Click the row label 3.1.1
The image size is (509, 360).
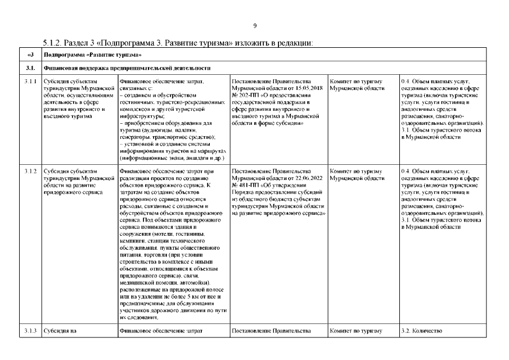pyautogui.click(x=31, y=82)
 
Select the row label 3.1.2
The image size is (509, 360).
pyautogui.click(x=31, y=170)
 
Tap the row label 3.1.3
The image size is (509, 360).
pyautogui.click(x=31, y=331)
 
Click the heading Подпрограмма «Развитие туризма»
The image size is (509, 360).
pyautogui.click(x=92, y=55)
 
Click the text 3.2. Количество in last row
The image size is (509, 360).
pyautogui.click(x=422, y=331)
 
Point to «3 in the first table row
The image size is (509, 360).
pyautogui.click(x=31, y=55)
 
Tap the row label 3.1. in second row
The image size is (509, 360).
pyautogui.click(x=31, y=69)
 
